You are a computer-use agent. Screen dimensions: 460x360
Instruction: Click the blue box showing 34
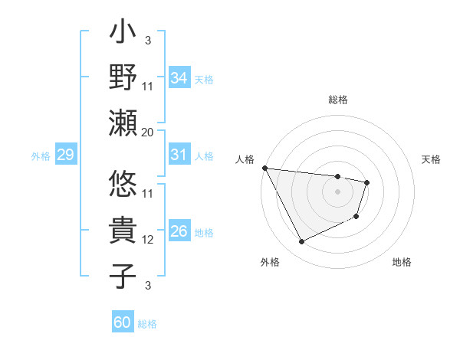(179, 77)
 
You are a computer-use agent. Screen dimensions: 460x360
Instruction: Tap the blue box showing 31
(179, 155)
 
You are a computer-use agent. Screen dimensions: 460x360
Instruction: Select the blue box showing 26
(179, 232)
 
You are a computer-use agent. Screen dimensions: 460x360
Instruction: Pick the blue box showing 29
(65, 155)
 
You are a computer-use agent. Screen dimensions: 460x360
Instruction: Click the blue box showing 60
(123, 322)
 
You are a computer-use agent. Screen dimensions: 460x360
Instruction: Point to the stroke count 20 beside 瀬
(148, 132)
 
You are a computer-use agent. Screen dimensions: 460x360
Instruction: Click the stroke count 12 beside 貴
(148, 240)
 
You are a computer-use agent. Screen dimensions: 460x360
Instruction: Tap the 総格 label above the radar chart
(337, 100)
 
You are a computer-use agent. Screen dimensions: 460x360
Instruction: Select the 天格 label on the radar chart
(432, 159)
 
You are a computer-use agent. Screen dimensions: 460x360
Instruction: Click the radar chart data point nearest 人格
(264, 168)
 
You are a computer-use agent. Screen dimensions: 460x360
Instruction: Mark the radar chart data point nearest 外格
(301, 242)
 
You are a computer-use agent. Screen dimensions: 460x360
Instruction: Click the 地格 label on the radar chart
(402, 262)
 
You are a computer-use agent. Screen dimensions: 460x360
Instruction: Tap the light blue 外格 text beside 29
(41, 156)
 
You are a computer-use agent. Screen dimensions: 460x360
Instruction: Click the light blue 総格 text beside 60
(147, 323)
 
